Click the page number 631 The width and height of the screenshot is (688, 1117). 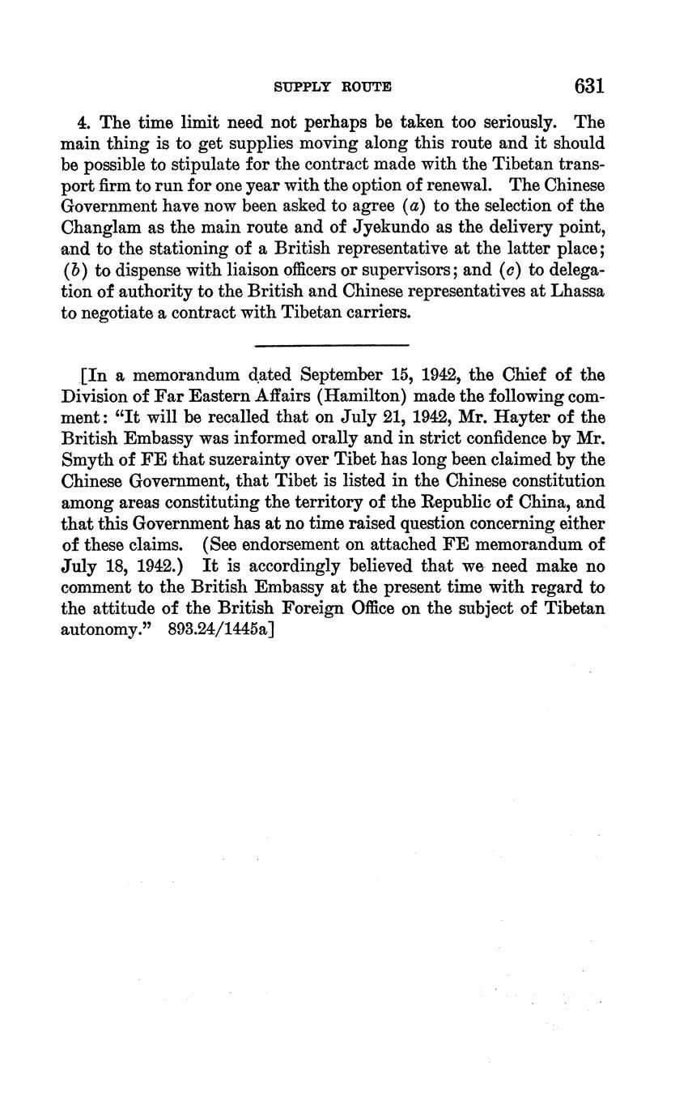click(x=588, y=86)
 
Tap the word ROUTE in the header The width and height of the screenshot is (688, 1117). click(x=367, y=87)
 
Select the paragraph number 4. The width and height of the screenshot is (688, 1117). click(x=82, y=123)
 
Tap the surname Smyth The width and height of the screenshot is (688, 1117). click(x=87, y=460)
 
